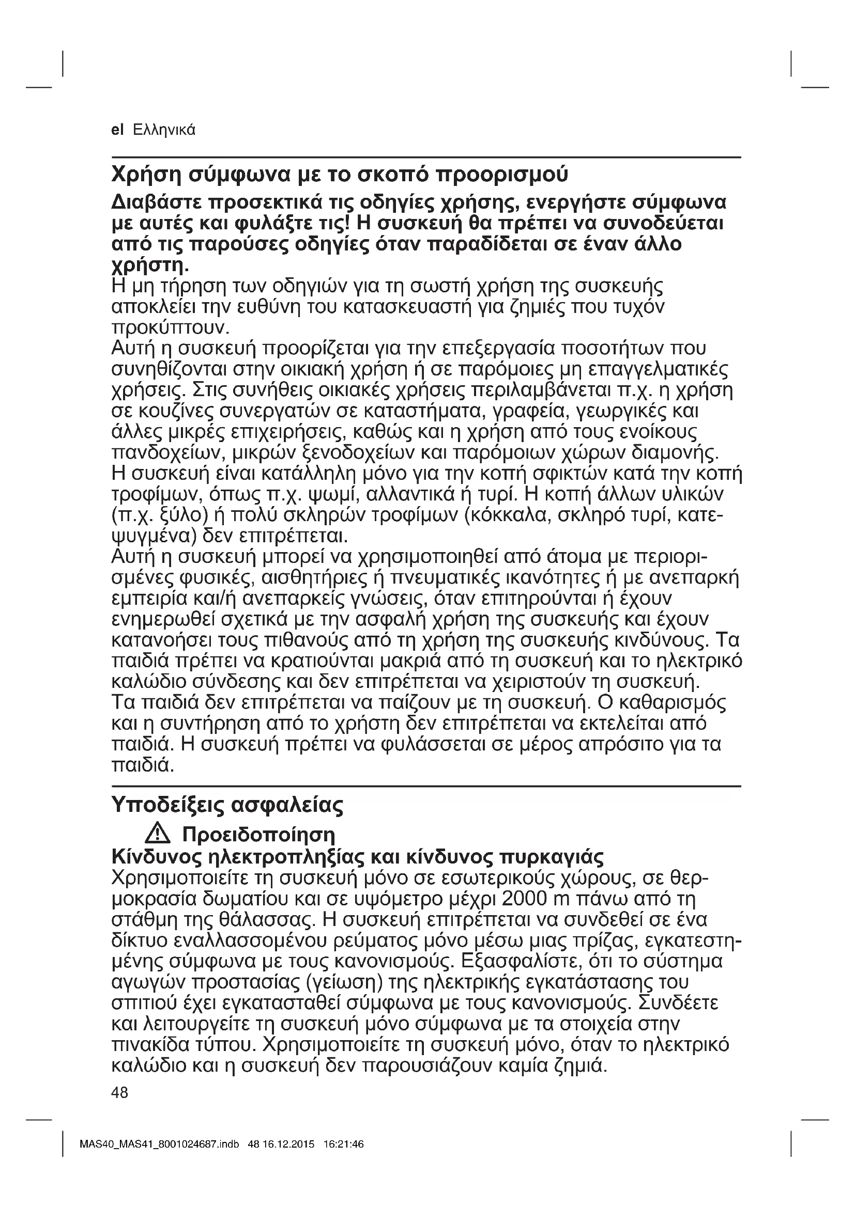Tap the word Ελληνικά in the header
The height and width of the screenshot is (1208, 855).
coord(164,130)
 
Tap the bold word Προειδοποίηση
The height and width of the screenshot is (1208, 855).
coord(258,835)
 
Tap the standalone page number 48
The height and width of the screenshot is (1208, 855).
coord(120,1093)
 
